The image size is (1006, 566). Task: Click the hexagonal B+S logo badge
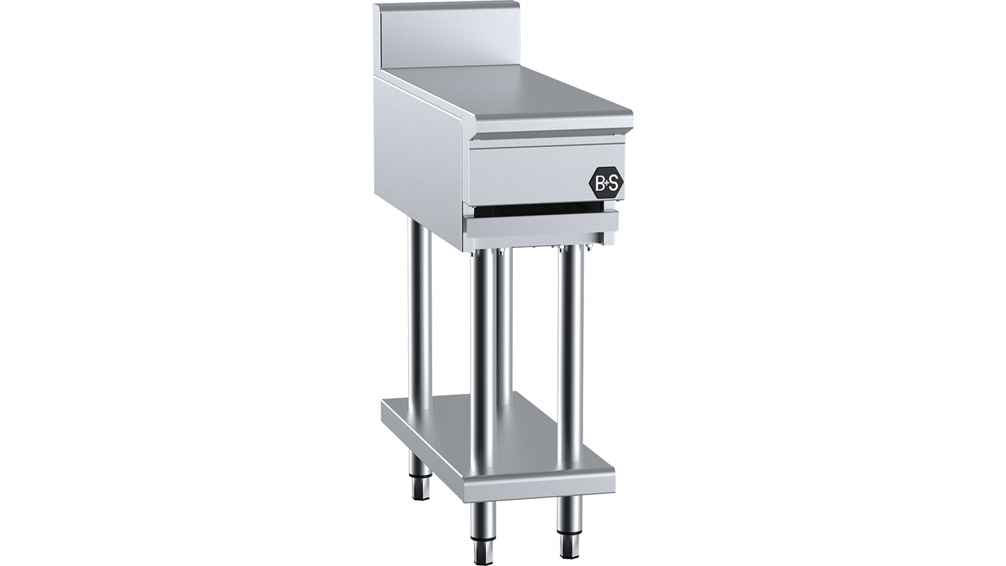pyautogui.click(x=606, y=183)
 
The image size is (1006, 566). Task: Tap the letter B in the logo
pyautogui.click(x=599, y=183)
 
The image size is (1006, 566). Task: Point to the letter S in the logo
pyautogui.click(x=613, y=183)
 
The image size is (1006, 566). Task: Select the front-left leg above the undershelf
pyautogui.click(x=484, y=354)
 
